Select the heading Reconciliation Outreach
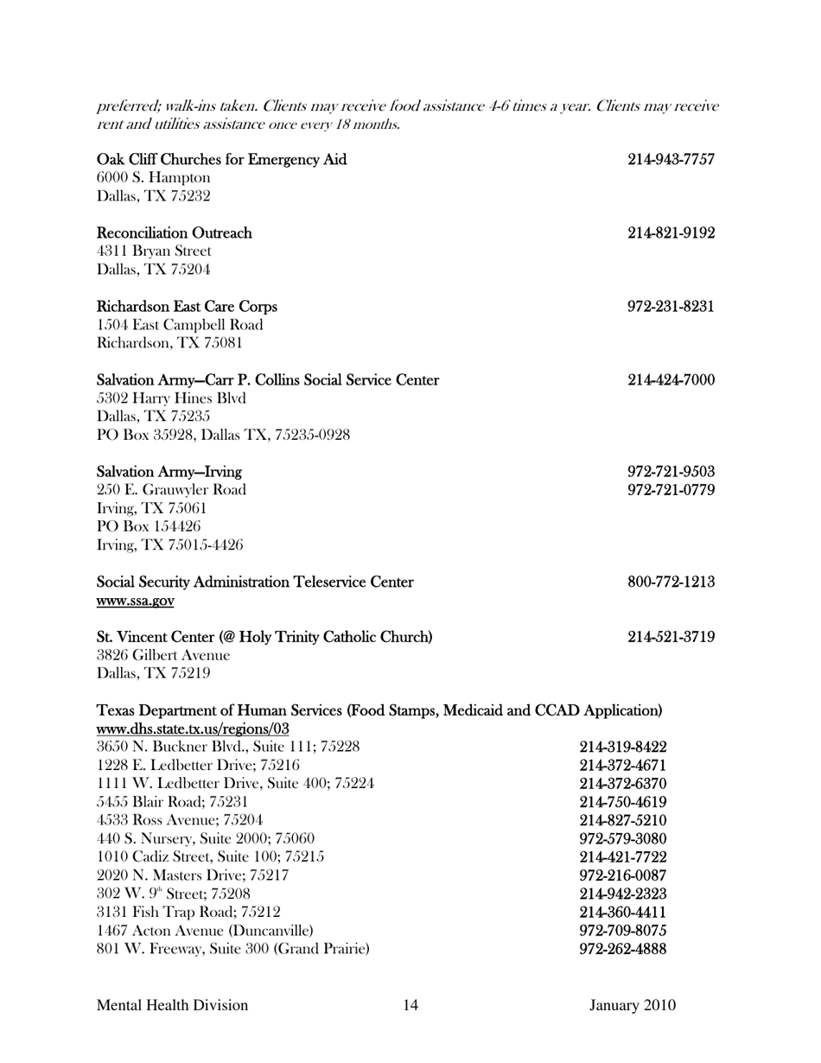[175, 233]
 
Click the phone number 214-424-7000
[671, 380]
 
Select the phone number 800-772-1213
[671, 582]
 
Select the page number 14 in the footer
[410, 1005]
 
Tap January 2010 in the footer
[633, 1005]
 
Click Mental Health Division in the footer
[173, 1005]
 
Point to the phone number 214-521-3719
[671, 638]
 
